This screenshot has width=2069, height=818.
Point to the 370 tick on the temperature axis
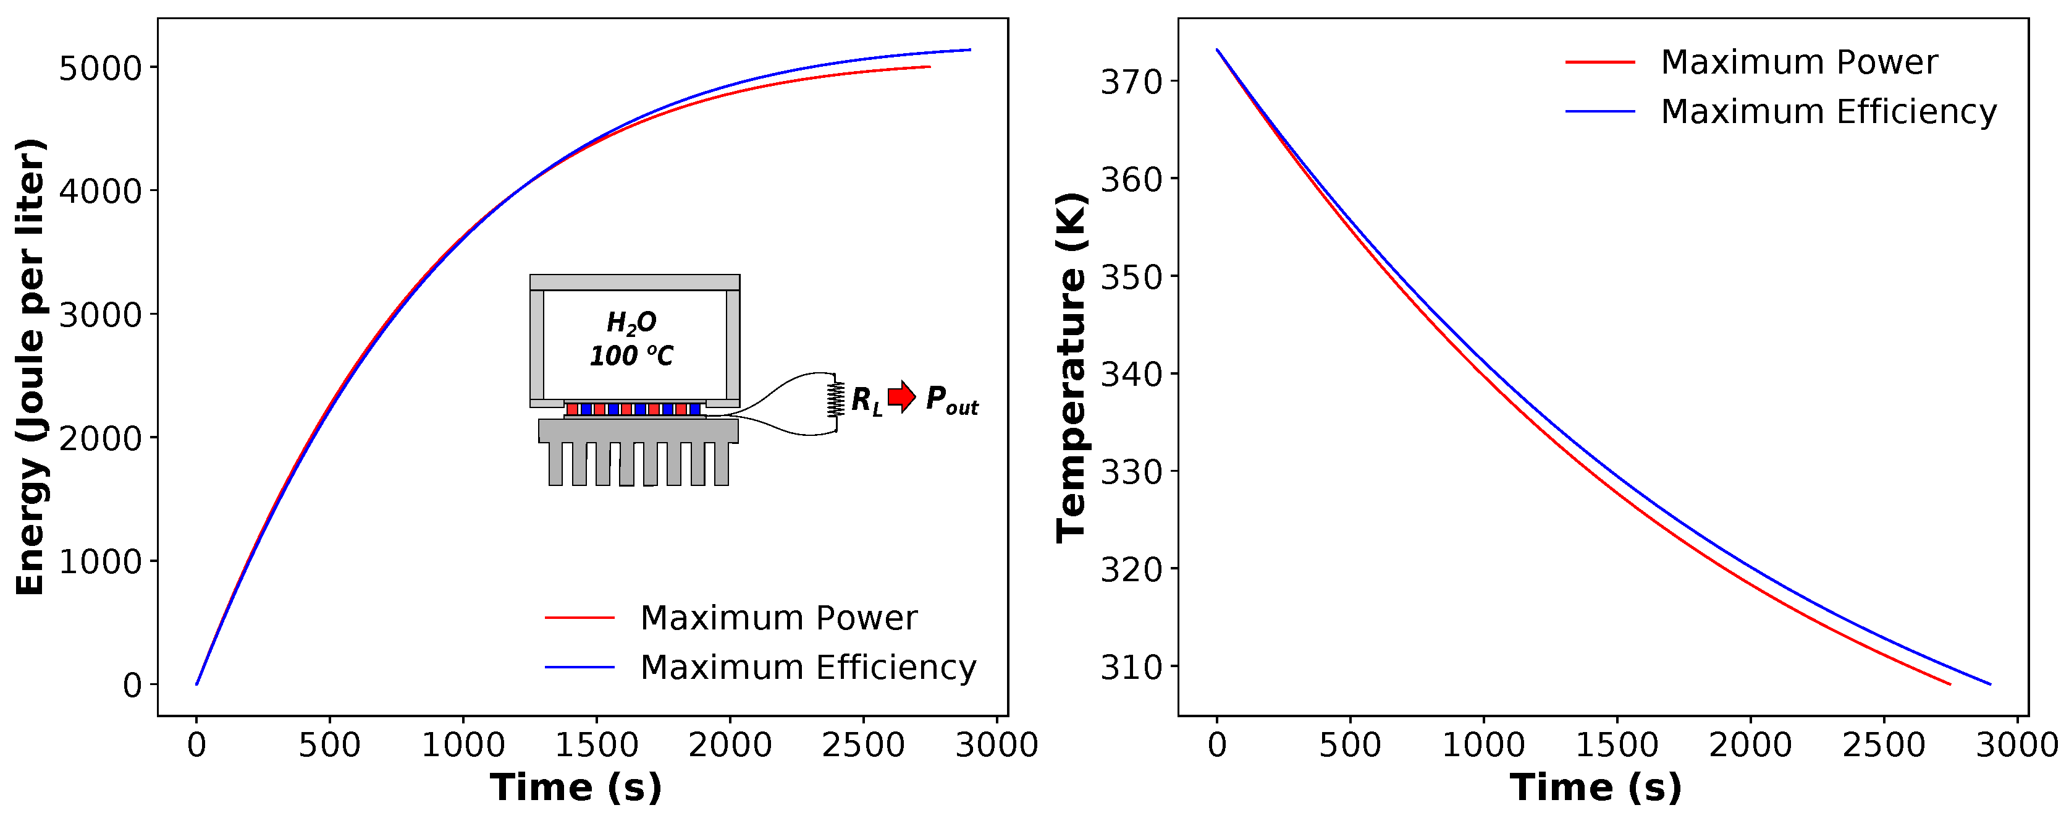(x=1131, y=82)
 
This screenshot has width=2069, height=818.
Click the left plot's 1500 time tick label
(x=596, y=745)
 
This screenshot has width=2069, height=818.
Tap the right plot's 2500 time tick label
(x=1884, y=745)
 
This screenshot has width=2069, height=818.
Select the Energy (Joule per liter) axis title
(x=30, y=367)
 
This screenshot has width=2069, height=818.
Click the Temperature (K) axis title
(x=1071, y=367)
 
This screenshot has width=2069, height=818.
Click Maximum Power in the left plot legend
(x=777, y=618)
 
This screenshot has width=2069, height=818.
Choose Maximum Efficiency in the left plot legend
(x=807, y=667)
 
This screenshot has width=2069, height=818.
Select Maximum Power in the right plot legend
(x=1798, y=62)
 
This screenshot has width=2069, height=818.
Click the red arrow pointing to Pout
(x=902, y=396)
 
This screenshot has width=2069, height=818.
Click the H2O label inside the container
(x=631, y=323)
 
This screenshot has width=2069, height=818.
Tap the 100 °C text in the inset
(x=631, y=355)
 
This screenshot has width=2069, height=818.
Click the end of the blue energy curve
(x=970, y=50)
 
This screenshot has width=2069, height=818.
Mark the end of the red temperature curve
(x=1949, y=684)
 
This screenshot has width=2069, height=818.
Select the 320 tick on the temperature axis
(x=1131, y=569)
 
